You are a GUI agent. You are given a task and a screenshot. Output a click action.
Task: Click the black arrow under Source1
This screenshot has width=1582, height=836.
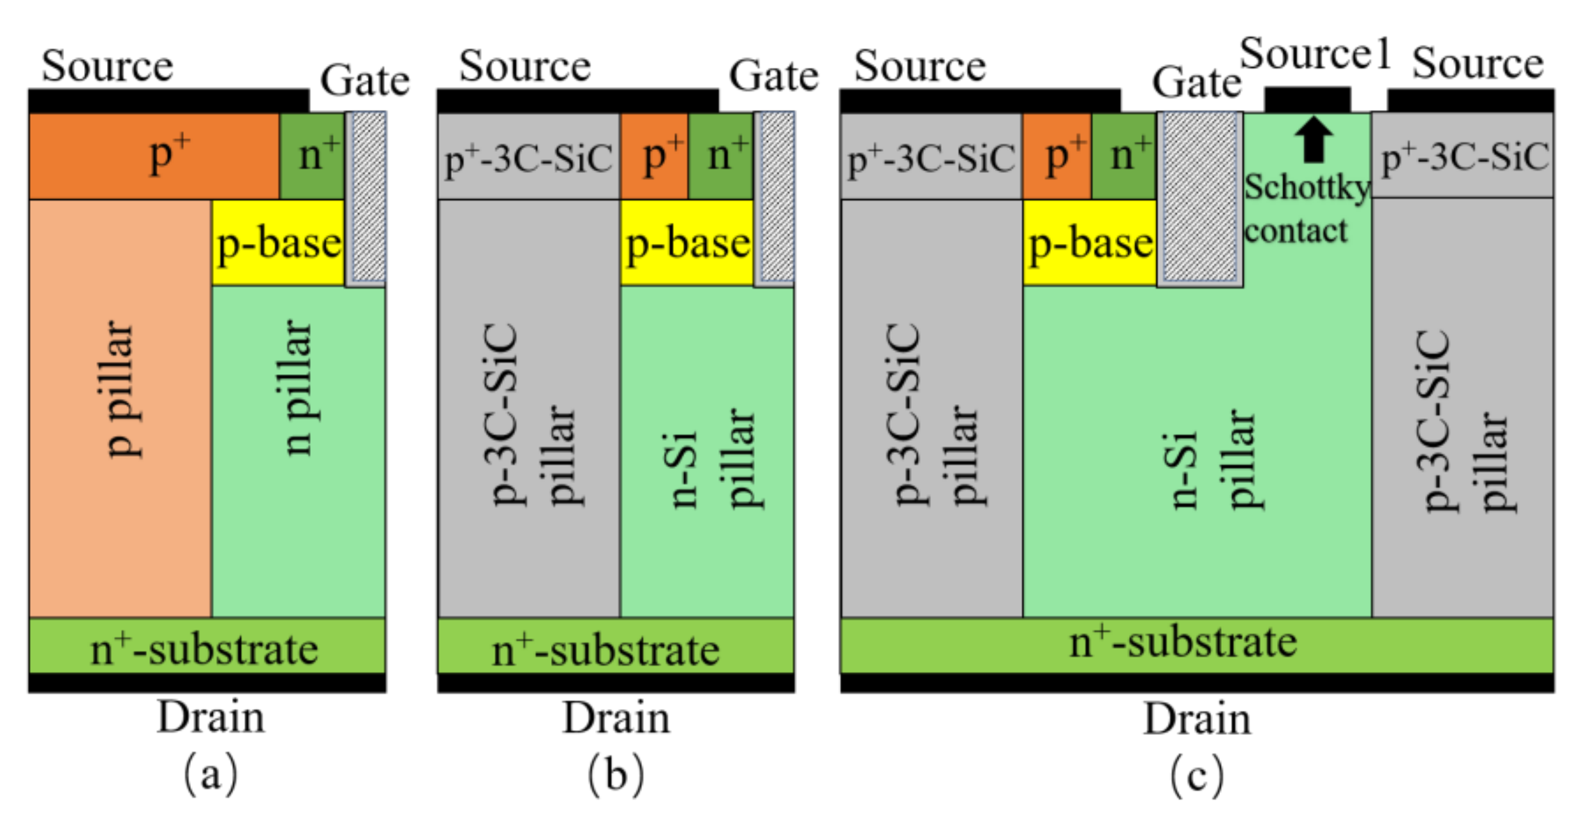[x=1313, y=139]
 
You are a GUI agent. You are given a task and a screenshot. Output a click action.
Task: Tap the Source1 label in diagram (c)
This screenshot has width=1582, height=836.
[x=1315, y=54]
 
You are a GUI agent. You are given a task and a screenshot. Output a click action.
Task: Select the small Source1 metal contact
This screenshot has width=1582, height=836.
[x=1307, y=100]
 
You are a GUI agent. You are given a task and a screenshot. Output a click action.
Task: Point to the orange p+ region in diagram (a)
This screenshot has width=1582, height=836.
[x=154, y=156]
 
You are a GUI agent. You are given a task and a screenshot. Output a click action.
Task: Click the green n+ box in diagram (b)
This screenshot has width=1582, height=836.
[x=721, y=156]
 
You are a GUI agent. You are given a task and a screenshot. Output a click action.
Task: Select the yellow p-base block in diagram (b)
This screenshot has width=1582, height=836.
[x=687, y=242]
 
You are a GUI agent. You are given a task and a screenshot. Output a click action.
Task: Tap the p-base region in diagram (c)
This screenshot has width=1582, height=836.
[x=1090, y=242]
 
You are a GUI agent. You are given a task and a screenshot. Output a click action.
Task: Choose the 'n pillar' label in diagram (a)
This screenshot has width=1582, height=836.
[x=298, y=388]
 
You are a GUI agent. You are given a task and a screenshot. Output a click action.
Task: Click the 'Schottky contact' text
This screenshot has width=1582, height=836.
[x=1306, y=209]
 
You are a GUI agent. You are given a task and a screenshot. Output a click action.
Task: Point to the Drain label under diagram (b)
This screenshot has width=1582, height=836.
[x=616, y=717]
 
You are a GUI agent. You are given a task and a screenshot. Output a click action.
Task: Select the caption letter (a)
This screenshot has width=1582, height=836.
[x=210, y=773]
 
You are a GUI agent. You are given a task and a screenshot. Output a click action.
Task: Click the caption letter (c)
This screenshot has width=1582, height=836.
[x=1196, y=775]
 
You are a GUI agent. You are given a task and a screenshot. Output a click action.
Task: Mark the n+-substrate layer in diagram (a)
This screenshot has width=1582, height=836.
[x=206, y=646]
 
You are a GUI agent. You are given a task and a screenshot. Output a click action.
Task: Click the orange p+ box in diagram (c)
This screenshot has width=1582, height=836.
[x=1057, y=156]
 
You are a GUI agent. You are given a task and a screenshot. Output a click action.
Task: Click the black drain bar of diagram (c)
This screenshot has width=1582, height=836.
[x=1196, y=683]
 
